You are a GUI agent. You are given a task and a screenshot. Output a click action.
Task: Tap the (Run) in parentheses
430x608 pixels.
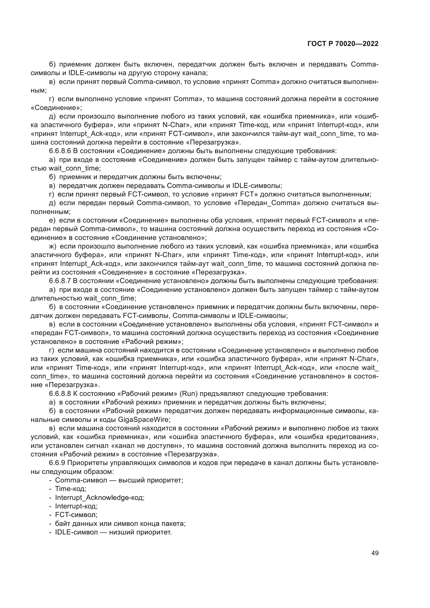pos(188,394)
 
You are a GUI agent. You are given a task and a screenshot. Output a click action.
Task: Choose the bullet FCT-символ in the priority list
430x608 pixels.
pos(76,515)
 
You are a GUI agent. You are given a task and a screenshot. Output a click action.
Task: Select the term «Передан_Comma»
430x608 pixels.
pos(267,203)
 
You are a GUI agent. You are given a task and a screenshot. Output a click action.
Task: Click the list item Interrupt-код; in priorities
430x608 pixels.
pos(76,506)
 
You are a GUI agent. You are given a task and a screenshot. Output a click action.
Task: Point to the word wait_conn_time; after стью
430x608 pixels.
pos(75,168)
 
